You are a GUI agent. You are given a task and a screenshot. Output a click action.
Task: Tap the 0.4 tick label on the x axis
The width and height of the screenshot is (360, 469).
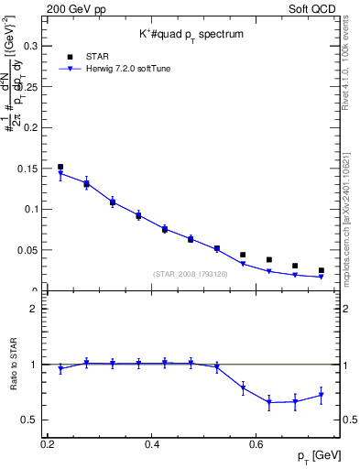coord(153,443)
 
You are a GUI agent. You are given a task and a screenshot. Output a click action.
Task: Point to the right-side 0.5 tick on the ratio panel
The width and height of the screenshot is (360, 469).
coord(344,420)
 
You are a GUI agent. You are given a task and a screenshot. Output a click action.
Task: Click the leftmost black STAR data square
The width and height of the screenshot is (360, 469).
coord(60,167)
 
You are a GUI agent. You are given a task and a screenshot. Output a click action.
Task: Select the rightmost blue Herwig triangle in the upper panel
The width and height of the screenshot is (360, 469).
coord(321,277)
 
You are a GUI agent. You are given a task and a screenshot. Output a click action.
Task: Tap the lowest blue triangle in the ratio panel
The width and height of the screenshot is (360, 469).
coord(269,402)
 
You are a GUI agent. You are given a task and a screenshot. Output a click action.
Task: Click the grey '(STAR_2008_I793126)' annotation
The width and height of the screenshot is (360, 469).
coord(191,274)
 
